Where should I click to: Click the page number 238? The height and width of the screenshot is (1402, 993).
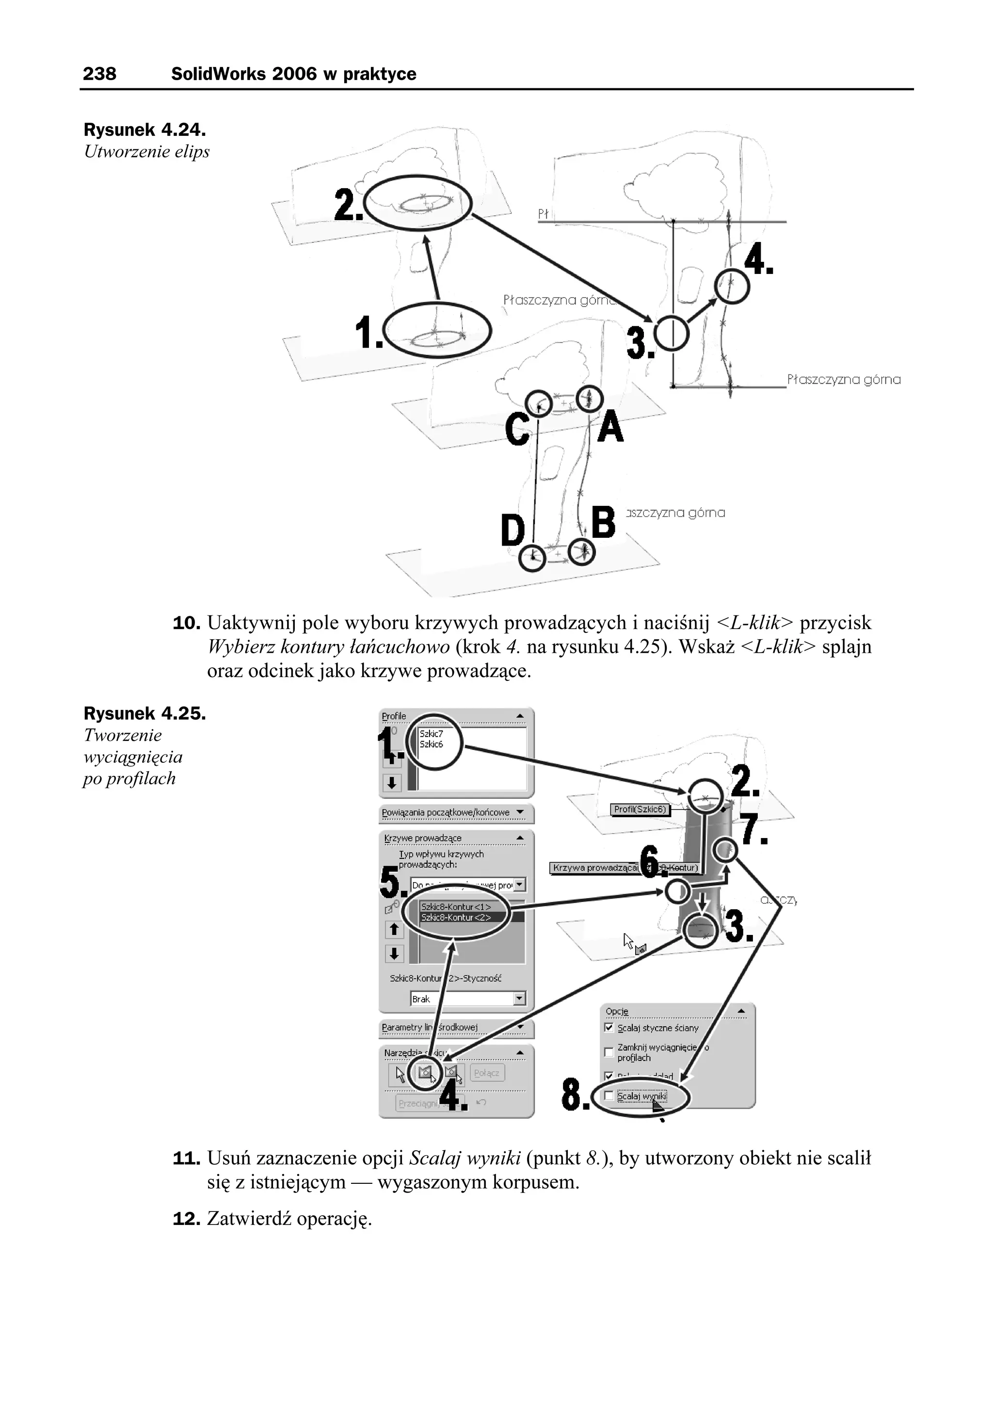pyautogui.click(x=99, y=74)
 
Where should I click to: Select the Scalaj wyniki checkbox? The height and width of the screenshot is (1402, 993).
pyautogui.click(x=609, y=1096)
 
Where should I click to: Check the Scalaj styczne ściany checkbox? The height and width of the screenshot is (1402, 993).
pyautogui.click(x=609, y=1027)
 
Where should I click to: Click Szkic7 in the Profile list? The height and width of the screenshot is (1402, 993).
pyautogui.click(x=431, y=734)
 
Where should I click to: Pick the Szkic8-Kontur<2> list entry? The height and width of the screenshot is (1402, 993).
pyautogui.click(x=456, y=917)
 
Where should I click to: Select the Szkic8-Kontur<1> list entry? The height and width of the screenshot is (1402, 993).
pyautogui.click(x=456, y=907)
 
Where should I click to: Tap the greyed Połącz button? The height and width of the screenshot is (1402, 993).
pyautogui.click(x=487, y=1072)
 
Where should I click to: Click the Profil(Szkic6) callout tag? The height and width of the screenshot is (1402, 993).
pyautogui.click(x=640, y=809)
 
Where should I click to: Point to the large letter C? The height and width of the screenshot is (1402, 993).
pyautogui.click(x=517, y=429)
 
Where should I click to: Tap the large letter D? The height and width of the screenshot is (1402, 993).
pyautogui.click(x=513, y=530)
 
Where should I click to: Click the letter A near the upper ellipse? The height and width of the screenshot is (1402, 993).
pyautogui.click(x=610, y=427)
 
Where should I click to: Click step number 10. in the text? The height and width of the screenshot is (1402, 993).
pyautogui.click(x=187, y=624)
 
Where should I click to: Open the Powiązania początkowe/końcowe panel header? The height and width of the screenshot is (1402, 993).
pyautogui.click(x=456, y=813)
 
